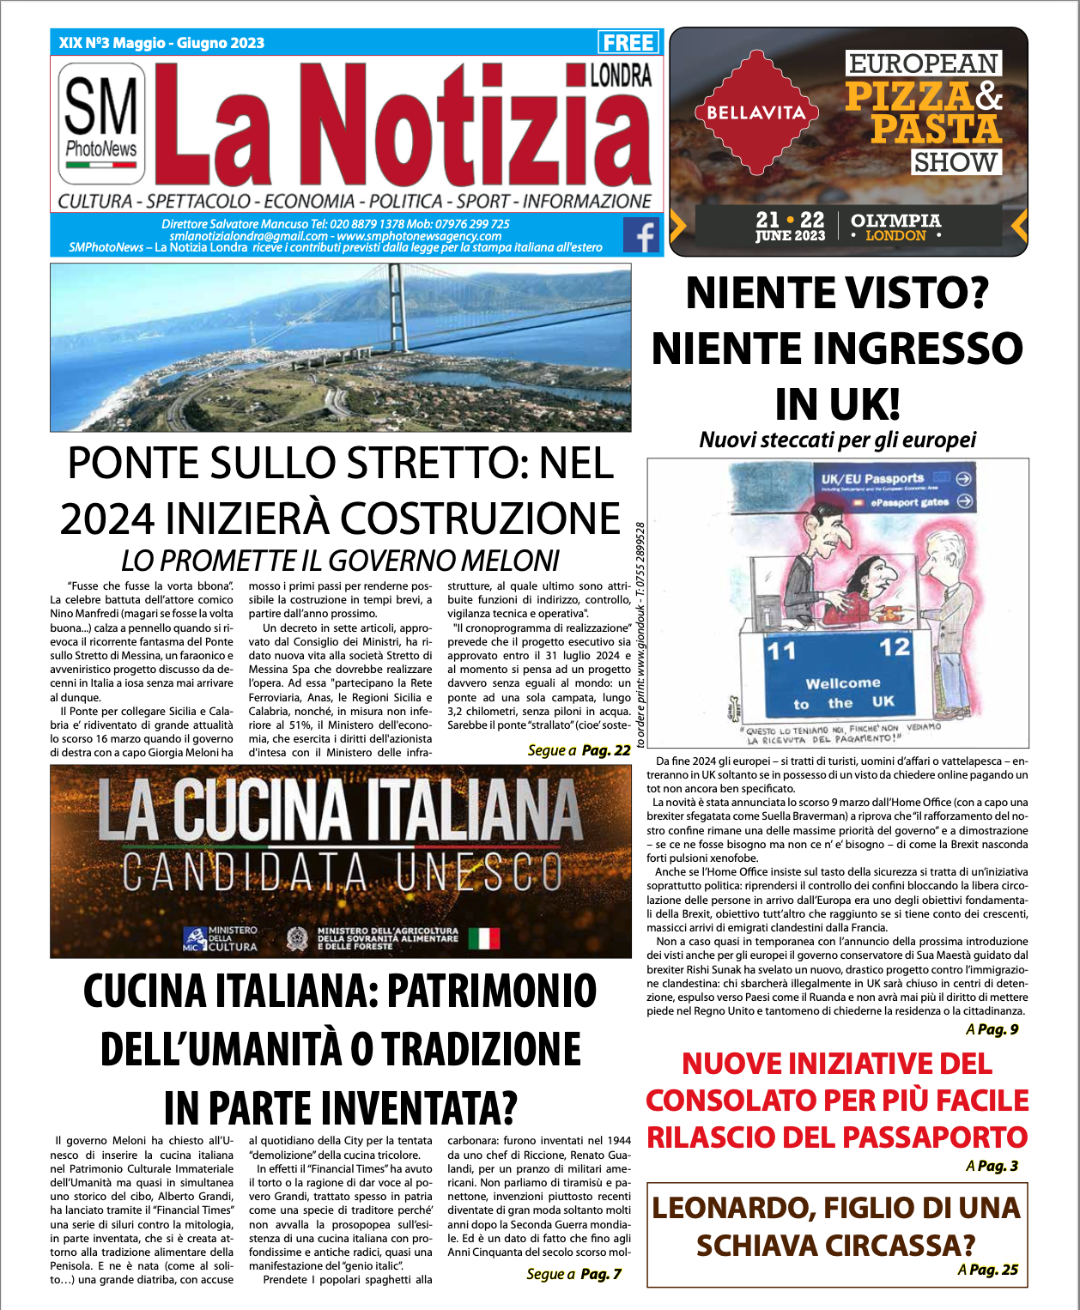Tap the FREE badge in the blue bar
click(x=628, y=42)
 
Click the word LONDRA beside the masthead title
click(x=620, y=76)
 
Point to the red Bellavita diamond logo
click(x=756, y=112)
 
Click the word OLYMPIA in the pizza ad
click(x=895, y=221)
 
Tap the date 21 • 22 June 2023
click(x=790, y=227)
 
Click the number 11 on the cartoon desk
click(x=781, y=652)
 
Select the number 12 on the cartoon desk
click(x=894, y=647)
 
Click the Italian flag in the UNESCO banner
click(x=483, y=938)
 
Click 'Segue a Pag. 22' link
click(x=579, y=750)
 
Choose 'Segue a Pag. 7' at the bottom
click(x=573, y=1274)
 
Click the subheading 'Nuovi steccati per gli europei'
click(x=837, y=440)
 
